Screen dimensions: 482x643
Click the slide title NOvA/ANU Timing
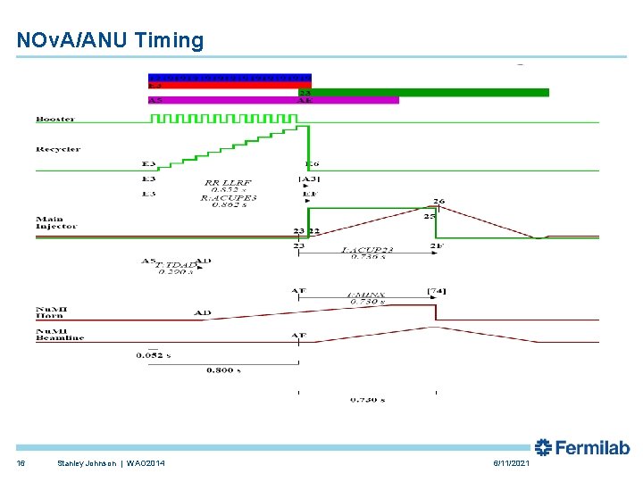coord(110,40)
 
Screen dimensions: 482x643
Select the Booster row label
coord(55,119)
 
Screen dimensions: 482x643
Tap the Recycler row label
coord(58,149)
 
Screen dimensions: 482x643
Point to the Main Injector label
coord(56,222)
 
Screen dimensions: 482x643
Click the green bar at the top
coord(424,92)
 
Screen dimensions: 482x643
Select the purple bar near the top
coord(272,100)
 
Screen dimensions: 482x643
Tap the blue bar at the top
coord(230,77)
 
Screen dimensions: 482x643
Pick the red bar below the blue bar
coord(230,85)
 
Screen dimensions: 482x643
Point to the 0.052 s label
coord(153,355)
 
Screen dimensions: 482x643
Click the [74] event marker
coord(437,292)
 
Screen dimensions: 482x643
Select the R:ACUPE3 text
coord(229,197)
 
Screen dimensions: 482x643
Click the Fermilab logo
coord(582,448)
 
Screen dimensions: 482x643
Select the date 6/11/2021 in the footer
coord(511,462)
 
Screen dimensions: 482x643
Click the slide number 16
coord(21,462)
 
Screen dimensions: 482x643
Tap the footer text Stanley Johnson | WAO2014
coord(110,462)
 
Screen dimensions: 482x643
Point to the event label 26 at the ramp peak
coord(438,202)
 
